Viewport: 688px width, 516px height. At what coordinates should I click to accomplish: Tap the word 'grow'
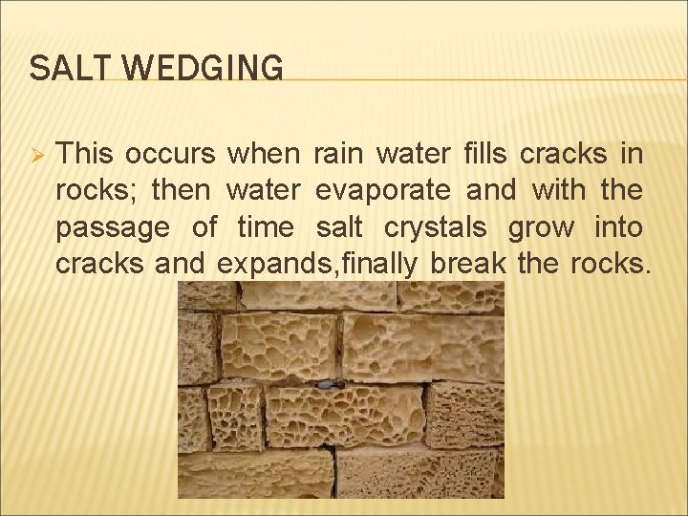542,228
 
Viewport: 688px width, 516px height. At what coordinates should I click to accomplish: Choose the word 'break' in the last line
468,264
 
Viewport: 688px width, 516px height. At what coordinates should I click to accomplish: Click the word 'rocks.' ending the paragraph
610,264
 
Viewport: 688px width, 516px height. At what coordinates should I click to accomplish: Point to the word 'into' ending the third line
617,227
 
